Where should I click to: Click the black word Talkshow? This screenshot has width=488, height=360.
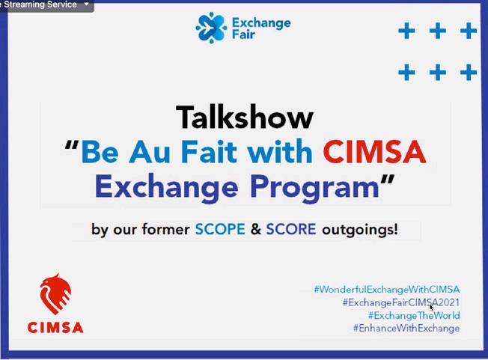245,117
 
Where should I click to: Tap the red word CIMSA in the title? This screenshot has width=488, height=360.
374,152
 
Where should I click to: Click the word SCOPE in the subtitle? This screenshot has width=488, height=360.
220,229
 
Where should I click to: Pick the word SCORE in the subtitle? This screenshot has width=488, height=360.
291,229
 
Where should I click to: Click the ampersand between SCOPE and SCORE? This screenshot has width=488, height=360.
255,229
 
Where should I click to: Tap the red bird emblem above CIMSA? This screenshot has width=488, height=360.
55,294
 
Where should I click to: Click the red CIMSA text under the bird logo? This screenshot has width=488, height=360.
55,328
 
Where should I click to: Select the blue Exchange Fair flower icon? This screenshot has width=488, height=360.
211,28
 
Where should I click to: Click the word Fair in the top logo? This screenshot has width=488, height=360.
243,34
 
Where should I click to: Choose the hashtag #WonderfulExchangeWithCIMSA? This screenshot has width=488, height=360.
387,290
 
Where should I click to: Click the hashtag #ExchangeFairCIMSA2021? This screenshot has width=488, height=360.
401,302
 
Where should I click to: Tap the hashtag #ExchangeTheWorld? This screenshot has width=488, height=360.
414,316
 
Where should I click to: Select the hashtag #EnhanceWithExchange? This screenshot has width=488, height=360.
406,329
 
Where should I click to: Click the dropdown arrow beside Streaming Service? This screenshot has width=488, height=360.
87,4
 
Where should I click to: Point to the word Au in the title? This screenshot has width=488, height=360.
150,152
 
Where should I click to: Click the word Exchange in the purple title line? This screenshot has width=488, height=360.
167,186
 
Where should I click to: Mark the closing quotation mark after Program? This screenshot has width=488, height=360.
388,180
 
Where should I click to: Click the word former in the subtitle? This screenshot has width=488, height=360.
165,229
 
